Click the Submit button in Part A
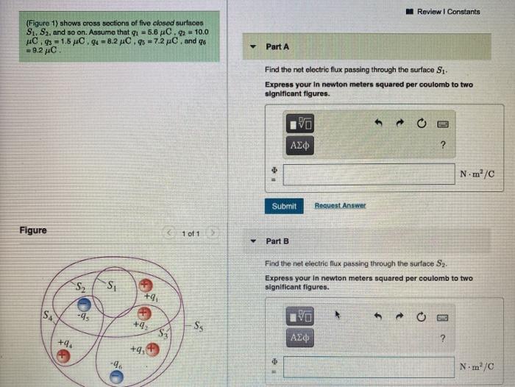click(284, 206)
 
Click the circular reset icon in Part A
click(422, 124)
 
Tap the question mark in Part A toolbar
click(443, 145)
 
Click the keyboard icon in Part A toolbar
click(443, 124)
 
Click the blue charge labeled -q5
click(85, 304)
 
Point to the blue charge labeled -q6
click(116, 377)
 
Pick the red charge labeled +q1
click(146, 284)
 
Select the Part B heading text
click(277, 241)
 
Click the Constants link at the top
click(464, 12)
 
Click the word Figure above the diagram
click(33, 230)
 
